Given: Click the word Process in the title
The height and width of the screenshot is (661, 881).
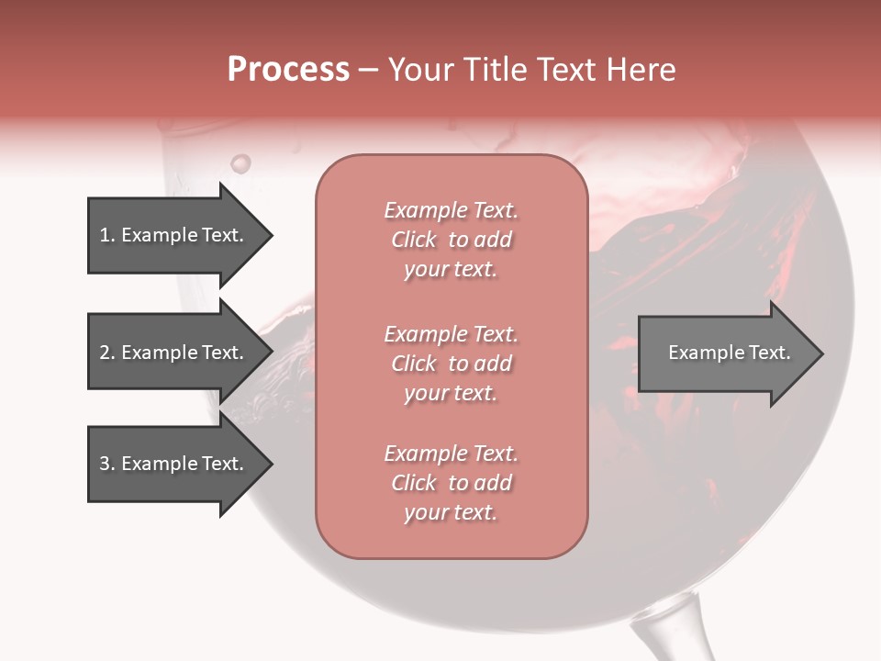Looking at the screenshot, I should pos(288,70).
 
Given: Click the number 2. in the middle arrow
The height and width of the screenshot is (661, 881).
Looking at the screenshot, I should pos(107,353).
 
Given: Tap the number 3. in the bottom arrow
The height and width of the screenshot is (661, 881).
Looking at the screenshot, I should pos(107,464).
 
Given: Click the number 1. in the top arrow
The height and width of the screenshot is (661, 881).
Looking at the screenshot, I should pos(106,235).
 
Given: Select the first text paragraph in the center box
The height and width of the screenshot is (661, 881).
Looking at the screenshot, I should pos(452,240).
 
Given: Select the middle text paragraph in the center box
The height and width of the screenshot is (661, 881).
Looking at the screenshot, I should pos(452,364).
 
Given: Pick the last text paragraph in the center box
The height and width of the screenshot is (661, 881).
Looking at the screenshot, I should pos(452,483).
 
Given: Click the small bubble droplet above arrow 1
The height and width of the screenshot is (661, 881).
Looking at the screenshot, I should pos(240,163).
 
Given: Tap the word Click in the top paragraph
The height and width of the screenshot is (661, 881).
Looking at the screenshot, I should pos(414,240).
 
